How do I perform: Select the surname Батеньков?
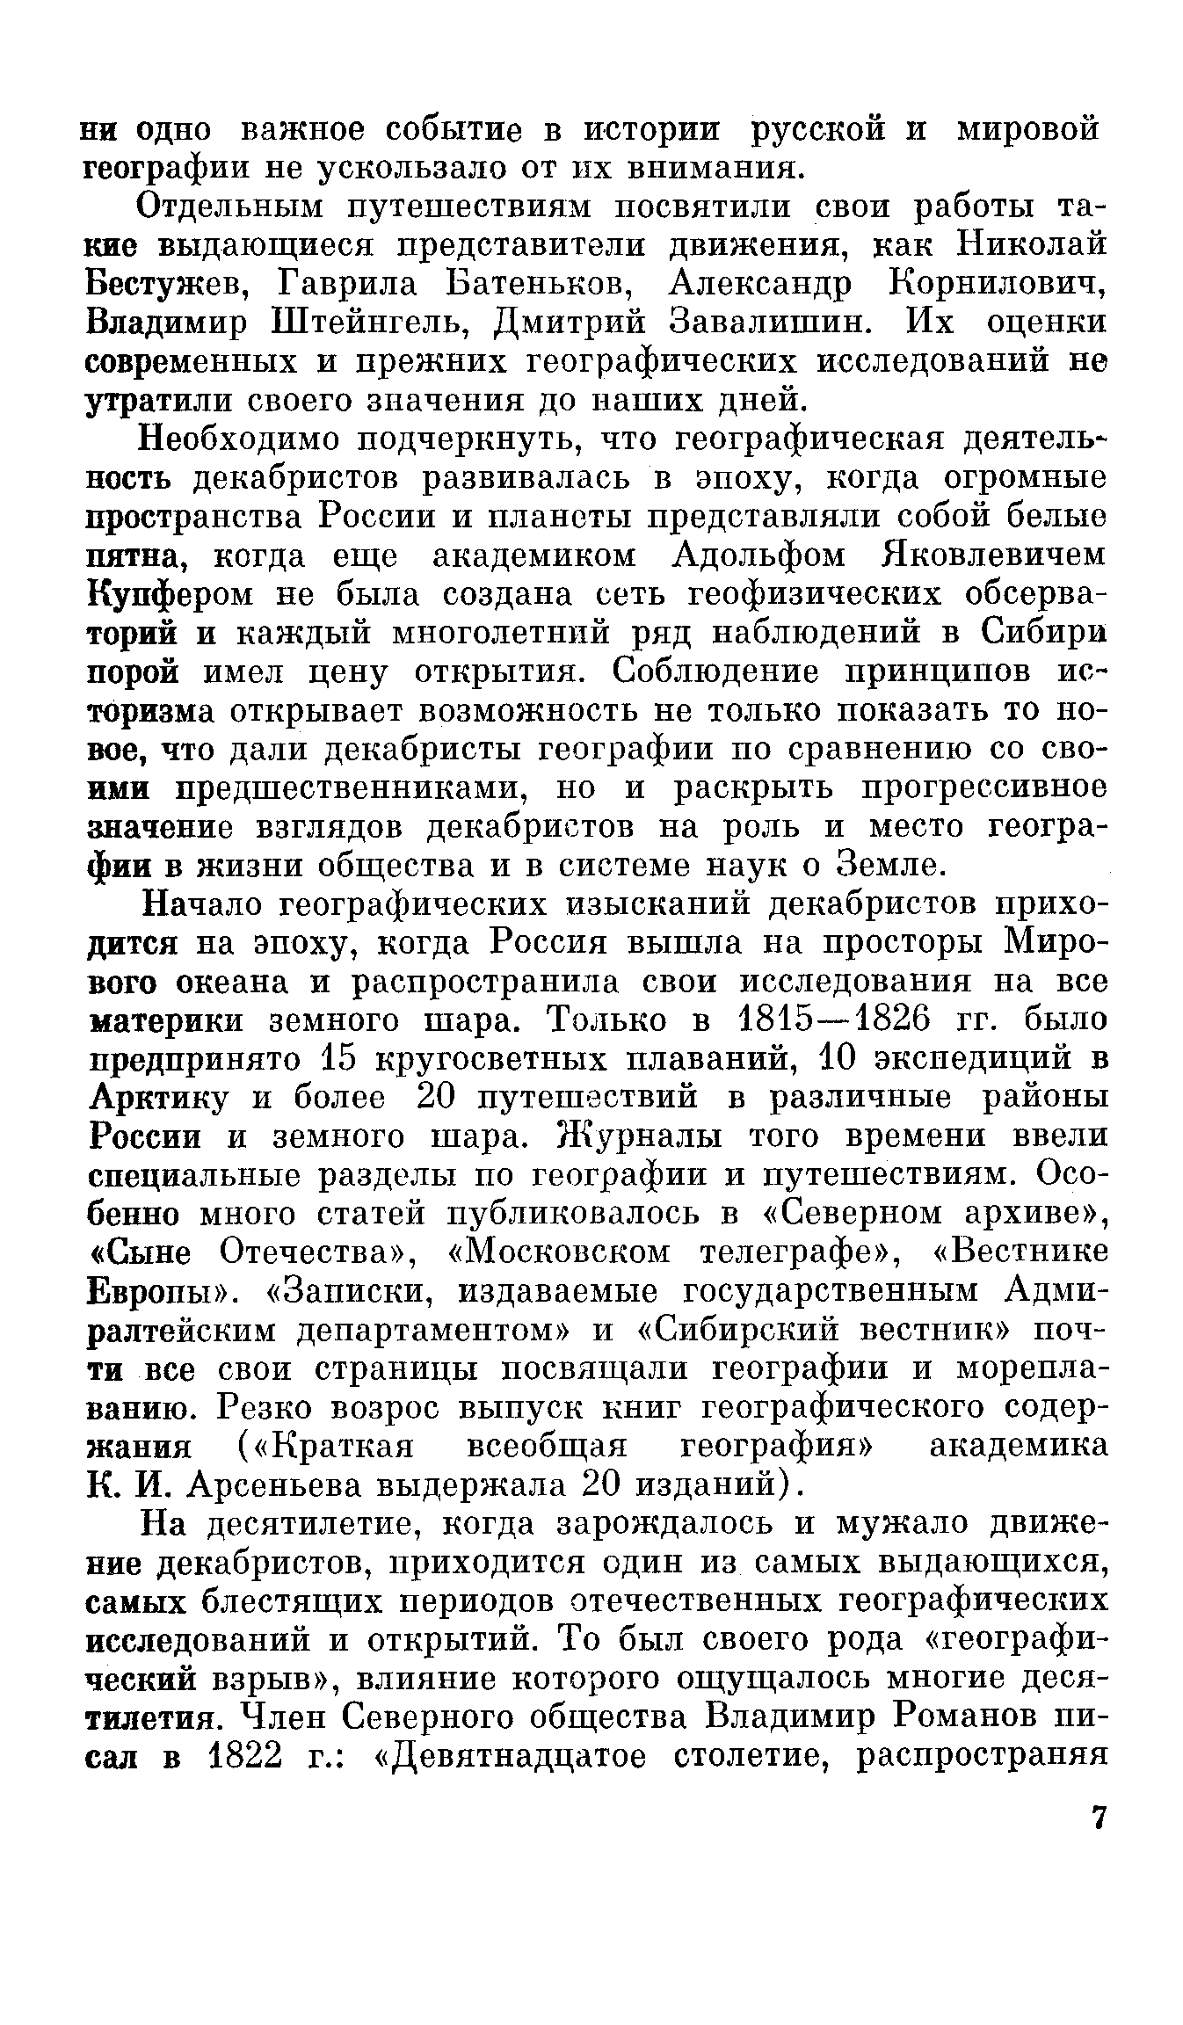pos(539,284)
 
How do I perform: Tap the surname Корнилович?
pos(998,284)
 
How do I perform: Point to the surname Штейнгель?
pos(363,323)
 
